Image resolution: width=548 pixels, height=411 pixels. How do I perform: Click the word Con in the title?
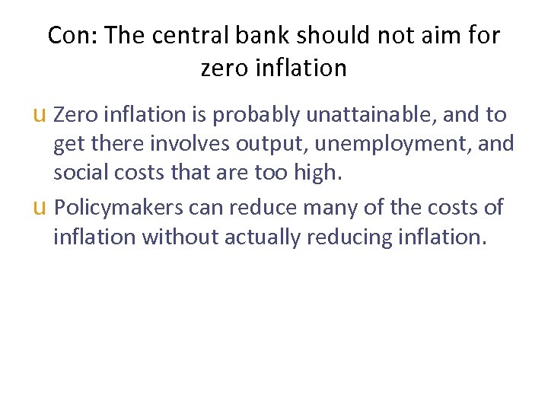click(68, 35)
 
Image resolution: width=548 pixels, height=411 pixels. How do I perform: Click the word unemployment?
click(397, 143)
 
